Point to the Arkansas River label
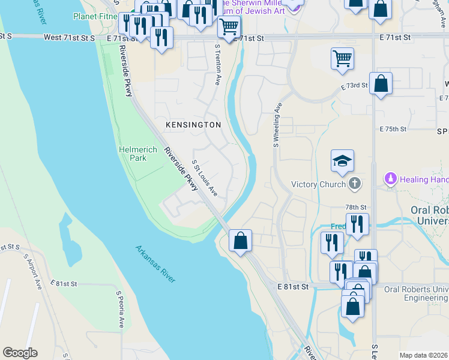coord(155,264)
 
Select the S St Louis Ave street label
coord(205,179)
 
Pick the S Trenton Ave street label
coord(218,66)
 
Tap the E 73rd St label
coord(354,86)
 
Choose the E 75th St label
coord(393,129)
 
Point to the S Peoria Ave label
coord(119,309)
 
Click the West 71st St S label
coord(70,37)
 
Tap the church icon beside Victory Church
coord(355,184)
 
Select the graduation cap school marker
coord(342,161)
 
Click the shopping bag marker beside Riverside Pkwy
coord(240,241)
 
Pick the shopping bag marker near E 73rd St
coord(381,83)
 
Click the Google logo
coord(20,353)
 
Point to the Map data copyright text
coord(423,355)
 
